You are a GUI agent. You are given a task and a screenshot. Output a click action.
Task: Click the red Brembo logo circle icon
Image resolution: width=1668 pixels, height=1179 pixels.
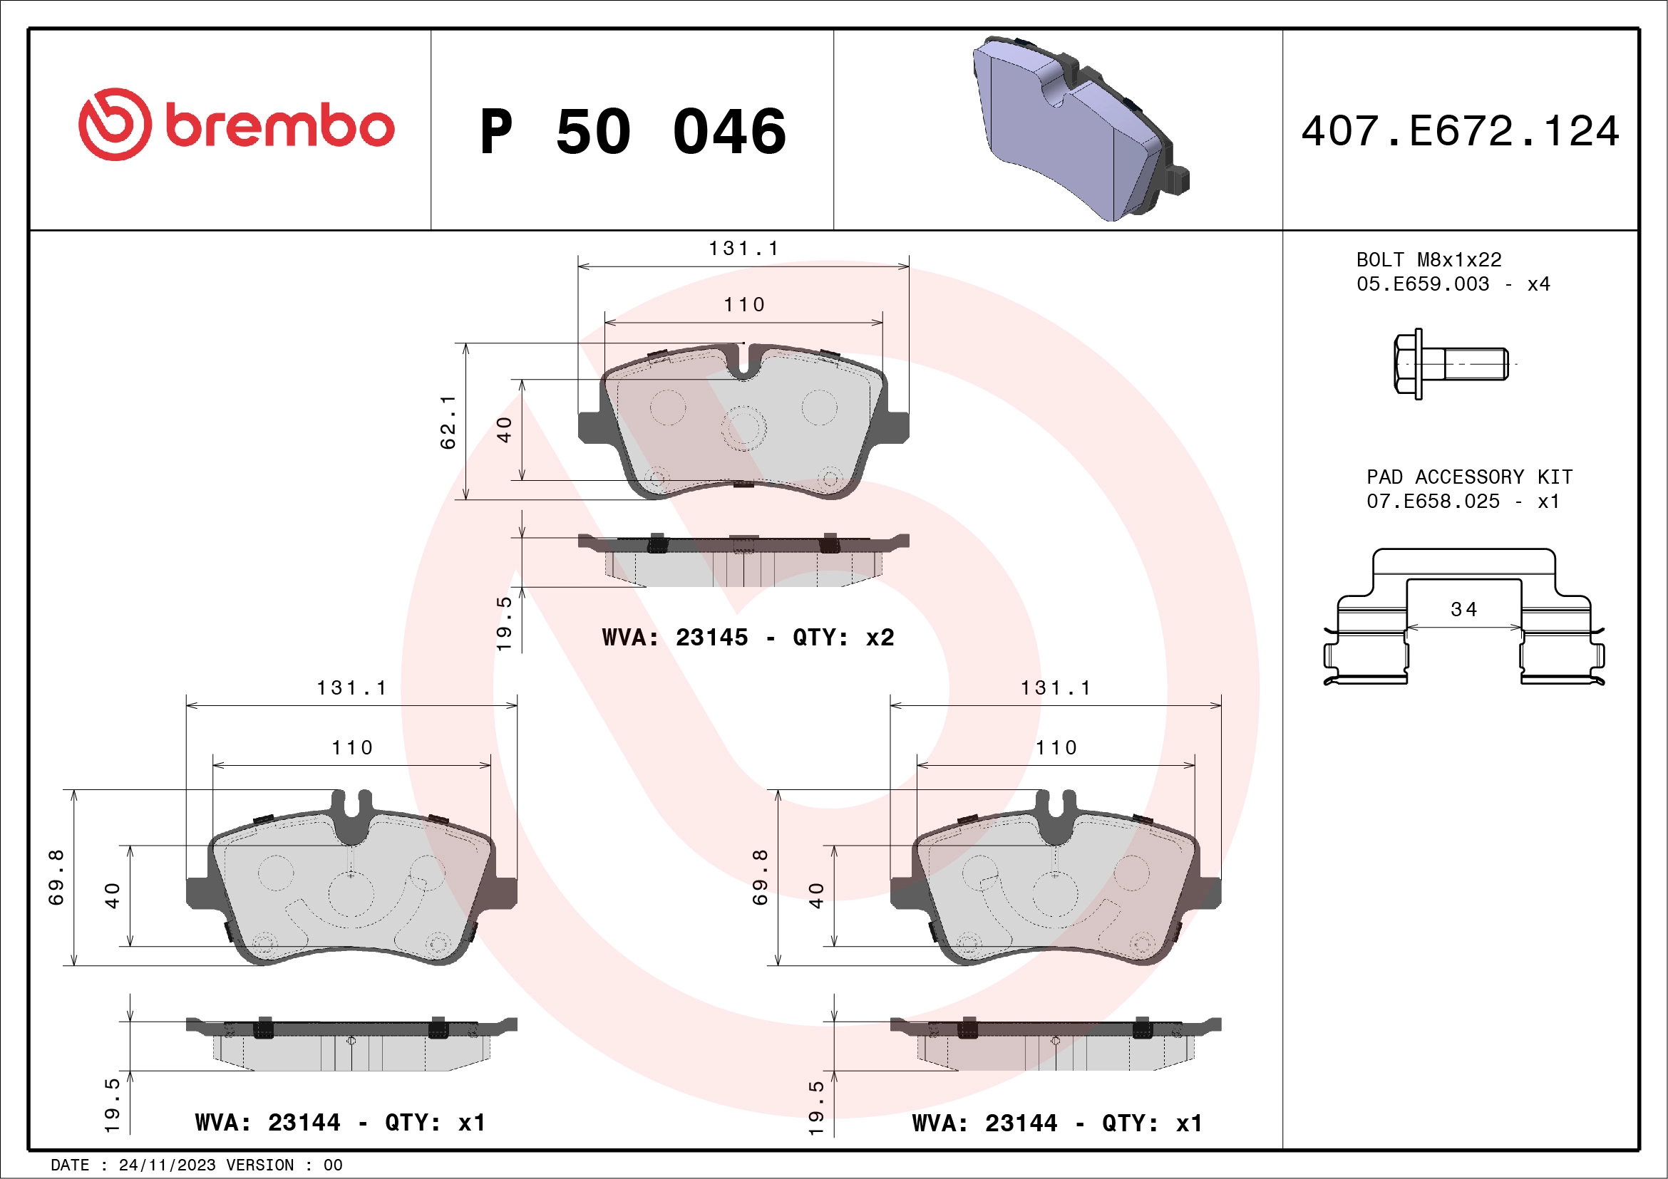coord(115,125)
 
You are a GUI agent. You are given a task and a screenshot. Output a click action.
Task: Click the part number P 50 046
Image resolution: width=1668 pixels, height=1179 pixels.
coord(632,131)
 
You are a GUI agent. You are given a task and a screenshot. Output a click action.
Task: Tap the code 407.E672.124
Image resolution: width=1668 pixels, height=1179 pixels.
coord(1461,131)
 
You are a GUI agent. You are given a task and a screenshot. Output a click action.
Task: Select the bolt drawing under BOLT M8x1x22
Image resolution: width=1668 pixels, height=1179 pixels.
coord(1450,363)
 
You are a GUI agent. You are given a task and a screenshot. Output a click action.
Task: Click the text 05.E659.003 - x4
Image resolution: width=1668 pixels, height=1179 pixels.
coord(1453,284)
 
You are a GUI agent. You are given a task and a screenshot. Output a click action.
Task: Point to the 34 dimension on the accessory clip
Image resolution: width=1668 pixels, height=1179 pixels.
coord(1464,610)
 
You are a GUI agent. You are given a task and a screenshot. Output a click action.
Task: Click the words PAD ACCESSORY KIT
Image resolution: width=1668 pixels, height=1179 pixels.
coord(1469,477)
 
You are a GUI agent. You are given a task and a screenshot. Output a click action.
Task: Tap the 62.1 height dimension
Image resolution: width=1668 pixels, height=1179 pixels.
coord(448,422)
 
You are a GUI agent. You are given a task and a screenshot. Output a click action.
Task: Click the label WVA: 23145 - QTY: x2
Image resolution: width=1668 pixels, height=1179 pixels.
coord(748,638)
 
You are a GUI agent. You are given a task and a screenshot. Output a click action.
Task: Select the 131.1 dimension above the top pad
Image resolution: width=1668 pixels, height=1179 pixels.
coord(743,249)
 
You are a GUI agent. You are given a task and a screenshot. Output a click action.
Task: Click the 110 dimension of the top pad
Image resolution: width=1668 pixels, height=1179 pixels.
coord(744,305)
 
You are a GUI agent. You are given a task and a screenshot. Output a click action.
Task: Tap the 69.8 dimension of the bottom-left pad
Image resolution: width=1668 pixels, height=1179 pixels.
coord(56,877)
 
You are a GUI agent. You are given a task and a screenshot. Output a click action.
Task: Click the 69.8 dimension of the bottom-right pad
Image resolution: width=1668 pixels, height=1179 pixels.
coord(760,877)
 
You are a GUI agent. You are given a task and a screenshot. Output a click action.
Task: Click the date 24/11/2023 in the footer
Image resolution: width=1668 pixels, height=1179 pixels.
coord(167,1165)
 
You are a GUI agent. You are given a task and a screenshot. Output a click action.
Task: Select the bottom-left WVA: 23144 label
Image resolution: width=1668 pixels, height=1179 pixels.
coord(340,1123)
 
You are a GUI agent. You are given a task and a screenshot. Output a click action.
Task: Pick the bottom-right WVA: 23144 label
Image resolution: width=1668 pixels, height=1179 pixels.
coord(1057,1124)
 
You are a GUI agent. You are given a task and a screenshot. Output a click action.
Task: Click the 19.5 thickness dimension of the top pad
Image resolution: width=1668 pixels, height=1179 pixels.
coord(504,623)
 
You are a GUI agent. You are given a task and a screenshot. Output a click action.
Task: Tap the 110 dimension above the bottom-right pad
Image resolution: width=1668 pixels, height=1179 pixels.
coord(1056,748)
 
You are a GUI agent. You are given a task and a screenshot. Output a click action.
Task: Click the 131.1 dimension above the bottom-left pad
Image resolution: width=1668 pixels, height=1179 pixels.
coord(351,687)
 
